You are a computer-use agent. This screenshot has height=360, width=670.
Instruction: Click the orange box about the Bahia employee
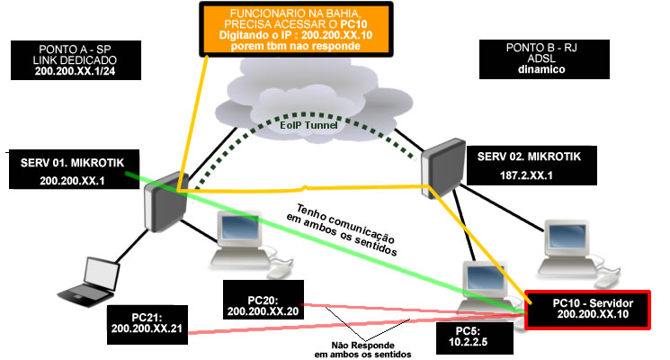pos(296,30)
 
